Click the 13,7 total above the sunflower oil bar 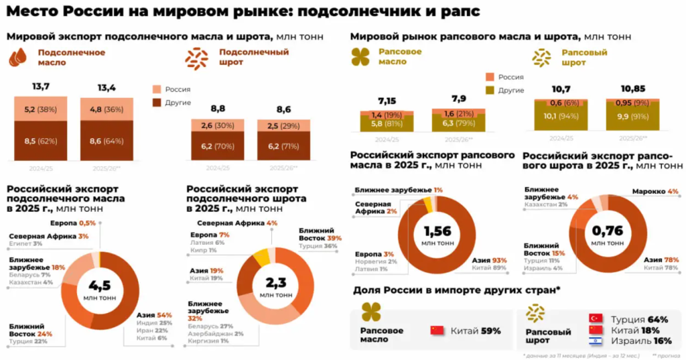click(41, 87)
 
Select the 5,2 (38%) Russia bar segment click(40, 109)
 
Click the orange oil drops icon click(17, 58)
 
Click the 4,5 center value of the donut click(100, 286)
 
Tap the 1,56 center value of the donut click(437, 231)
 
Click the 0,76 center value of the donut click(607, 231)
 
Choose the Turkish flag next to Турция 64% click(594, 318)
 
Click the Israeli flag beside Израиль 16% click(594, 341)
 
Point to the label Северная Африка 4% click(237, 223)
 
